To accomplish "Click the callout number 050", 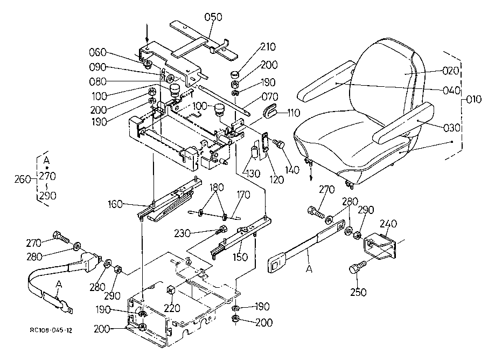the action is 213,17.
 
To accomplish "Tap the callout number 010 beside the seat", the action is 473,100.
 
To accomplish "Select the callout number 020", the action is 450,71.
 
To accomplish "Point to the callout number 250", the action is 358,292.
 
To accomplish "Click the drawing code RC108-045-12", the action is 51,330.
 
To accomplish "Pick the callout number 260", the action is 23,179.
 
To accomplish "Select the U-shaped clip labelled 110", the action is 270,110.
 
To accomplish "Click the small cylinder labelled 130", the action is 254,151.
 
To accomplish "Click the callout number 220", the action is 172,308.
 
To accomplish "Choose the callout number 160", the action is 115,204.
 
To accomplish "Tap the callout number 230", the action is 183,233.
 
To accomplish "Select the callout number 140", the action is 292,170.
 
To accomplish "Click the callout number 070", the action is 270,96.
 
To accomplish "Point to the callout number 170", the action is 243,195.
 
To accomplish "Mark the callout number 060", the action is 97,52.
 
